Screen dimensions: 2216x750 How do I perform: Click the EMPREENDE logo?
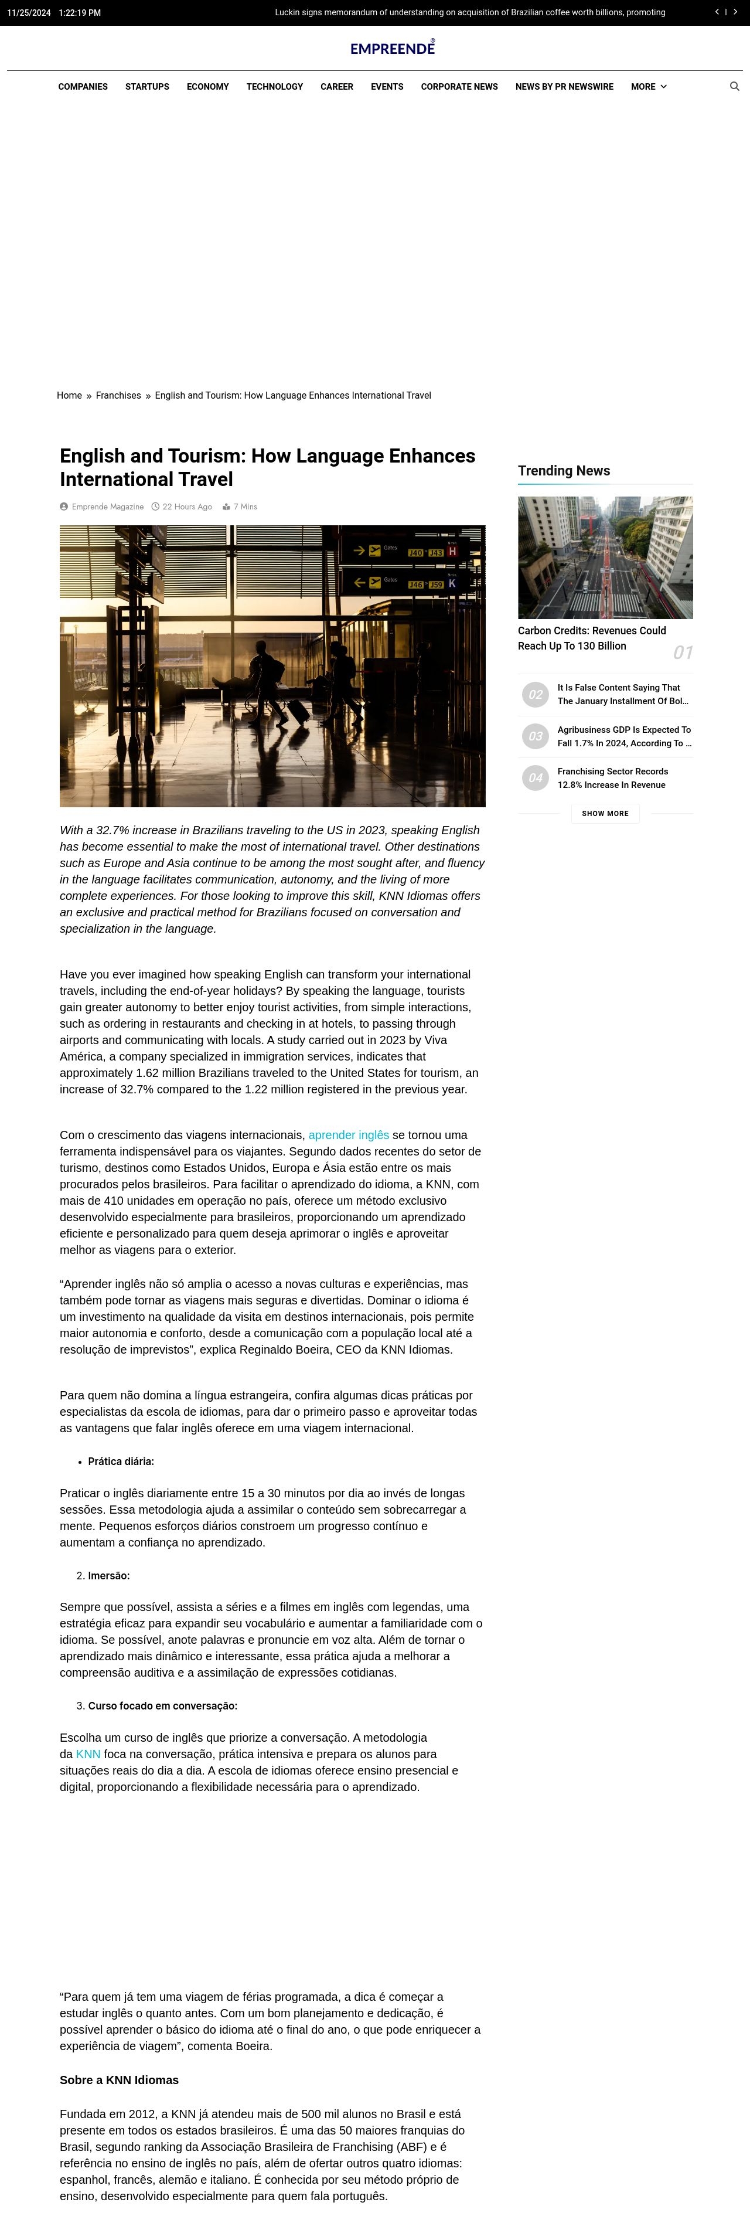click(392, 48)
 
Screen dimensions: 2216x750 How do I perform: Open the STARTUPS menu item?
click(147, 87)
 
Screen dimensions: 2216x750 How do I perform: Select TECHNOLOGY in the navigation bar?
click(274, 87)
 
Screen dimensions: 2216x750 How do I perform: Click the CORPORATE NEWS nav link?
click(459, 87)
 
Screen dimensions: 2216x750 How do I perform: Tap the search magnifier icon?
click(735, 87)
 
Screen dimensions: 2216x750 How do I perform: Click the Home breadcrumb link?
click(69, 396)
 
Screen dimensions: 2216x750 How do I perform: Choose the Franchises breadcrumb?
click(118, 396)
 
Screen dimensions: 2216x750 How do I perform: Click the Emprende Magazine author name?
click(107, 507)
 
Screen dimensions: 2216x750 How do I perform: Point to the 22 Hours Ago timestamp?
click(187, 507)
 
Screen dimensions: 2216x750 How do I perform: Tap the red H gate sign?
click(452, 552)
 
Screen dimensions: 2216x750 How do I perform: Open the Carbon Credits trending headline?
click(592, 638)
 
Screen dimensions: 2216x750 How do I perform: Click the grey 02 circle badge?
click(535, 694)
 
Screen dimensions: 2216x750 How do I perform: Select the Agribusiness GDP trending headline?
click(623, 736)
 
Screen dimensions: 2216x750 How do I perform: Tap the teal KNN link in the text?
click(88, 1754)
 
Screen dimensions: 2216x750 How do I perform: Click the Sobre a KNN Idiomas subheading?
click(119, 2080)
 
